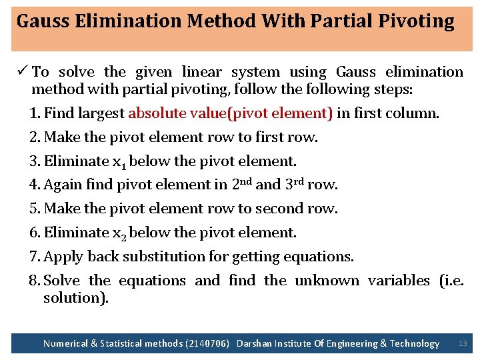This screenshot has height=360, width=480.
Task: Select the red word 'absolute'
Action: pyautogui.click(x=157, y=113)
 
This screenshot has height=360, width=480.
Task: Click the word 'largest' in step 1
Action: pyautogui.click(x=101, y=113)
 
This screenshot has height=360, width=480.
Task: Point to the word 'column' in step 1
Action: pyautogui.click(x=413, y=113)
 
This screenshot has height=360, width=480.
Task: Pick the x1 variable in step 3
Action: pyautogui.click(x=122, y=162)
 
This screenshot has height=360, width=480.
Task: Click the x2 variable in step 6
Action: pyautogui.click(x=122, y=233)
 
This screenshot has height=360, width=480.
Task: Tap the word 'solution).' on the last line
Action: pyautogui.click(x=75, y=298)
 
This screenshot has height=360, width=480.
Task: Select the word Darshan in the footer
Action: pyautogui.click(x=255, y=344)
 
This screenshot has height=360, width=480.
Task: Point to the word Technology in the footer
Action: pyautogui.click(x=415, y=344)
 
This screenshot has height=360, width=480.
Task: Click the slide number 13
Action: pyautogui.click(x=463, y=343)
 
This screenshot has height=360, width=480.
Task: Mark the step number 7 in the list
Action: pyautogui.click(x=33, y=257)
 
